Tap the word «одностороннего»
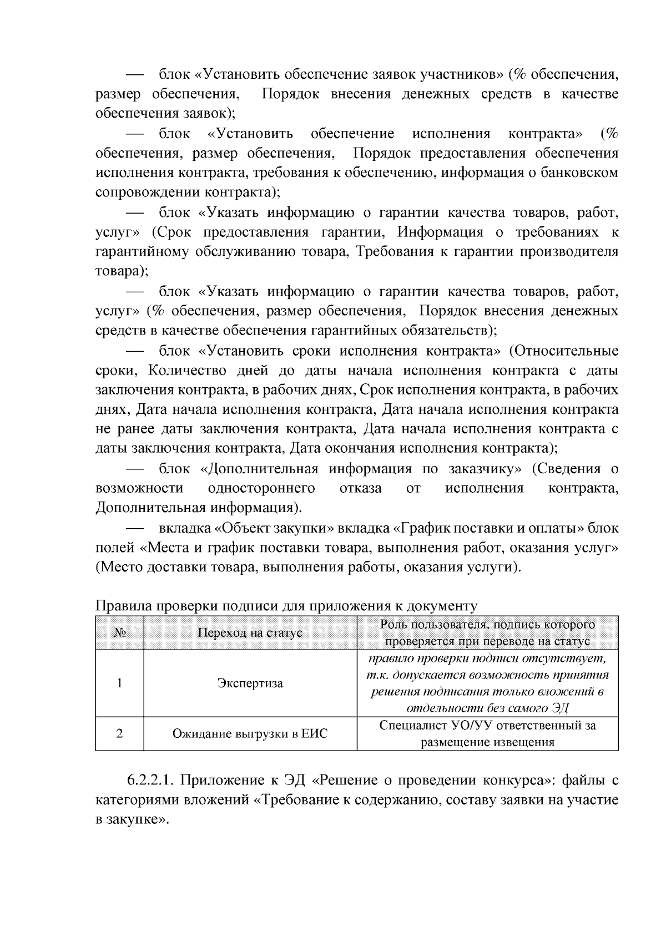[261, 488]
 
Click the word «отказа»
[361, 488]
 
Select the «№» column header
[119, 633]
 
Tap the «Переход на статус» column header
[250, 633]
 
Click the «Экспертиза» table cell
[250, 683]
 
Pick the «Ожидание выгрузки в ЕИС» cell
[250, 734]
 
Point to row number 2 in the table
[119, 734]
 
